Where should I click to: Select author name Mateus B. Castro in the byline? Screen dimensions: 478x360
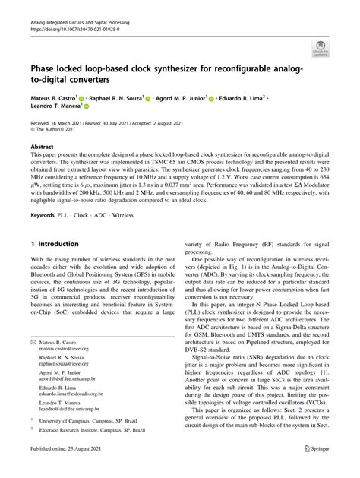(x=56, y=98)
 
